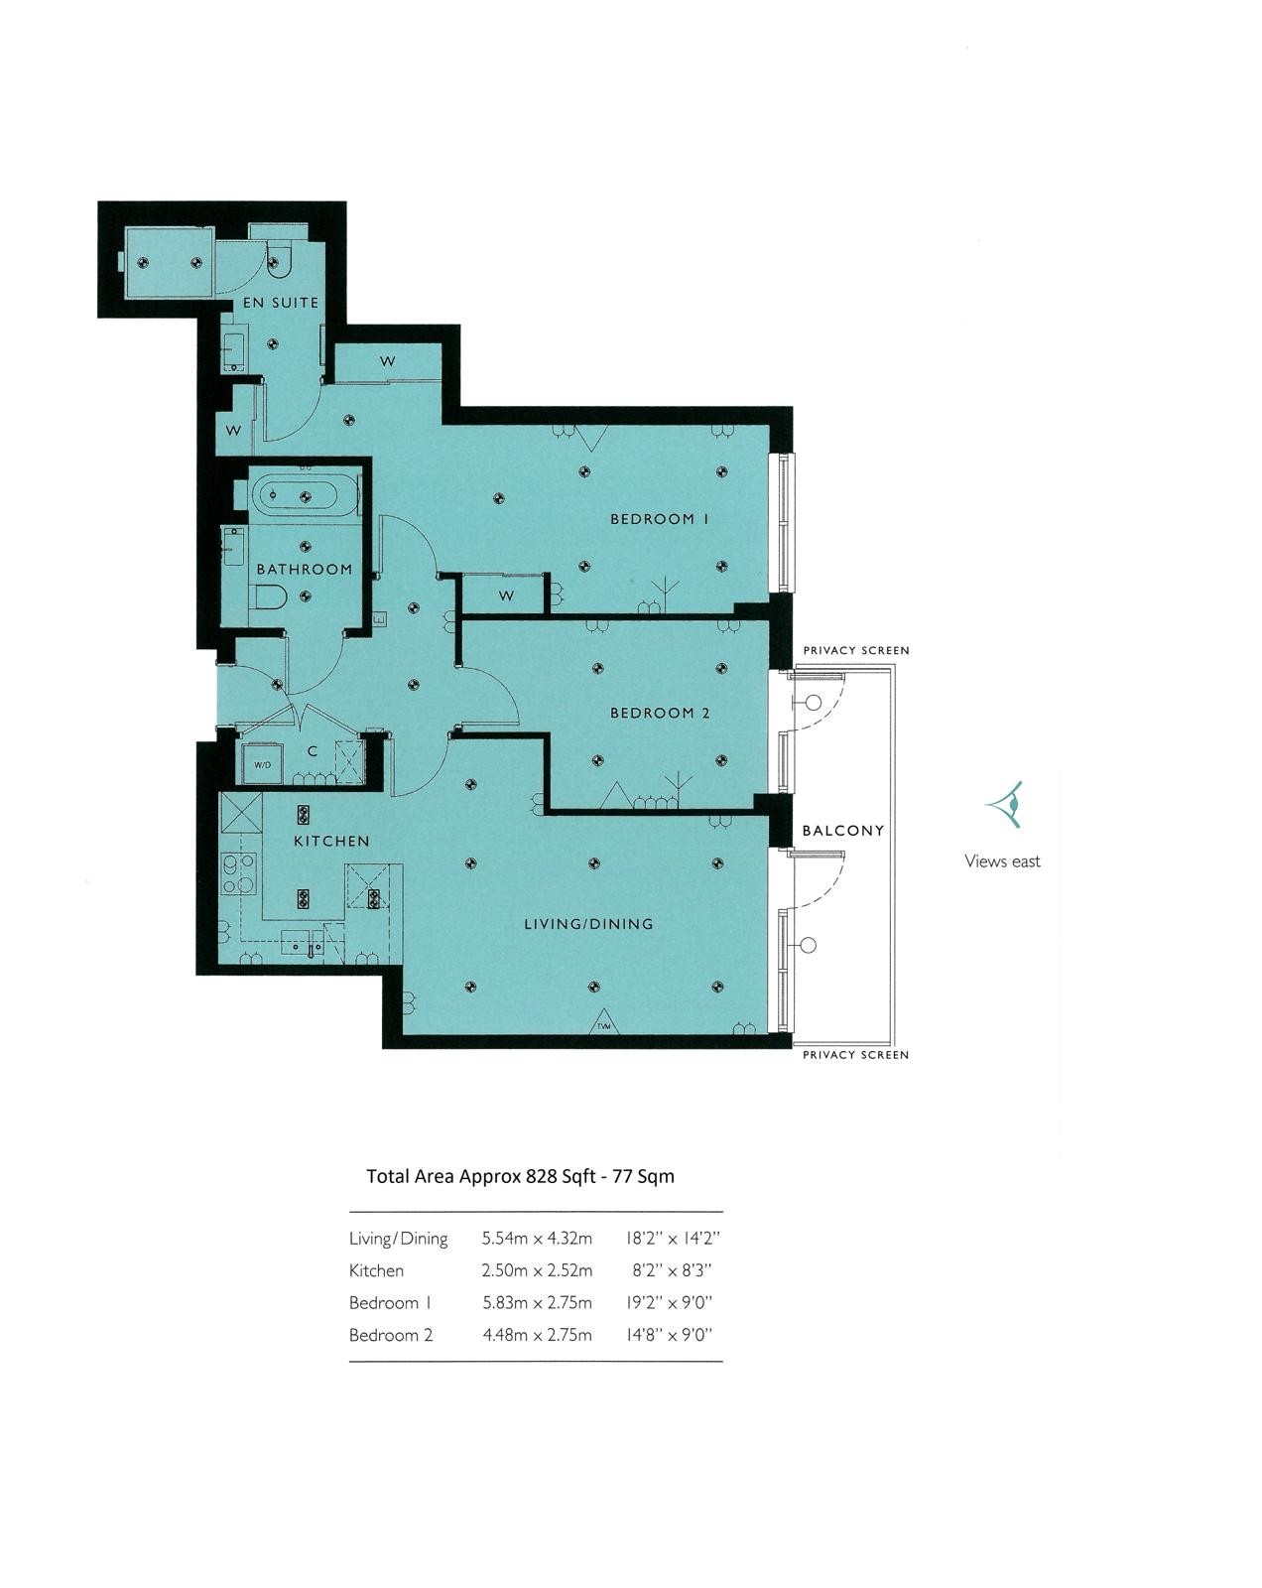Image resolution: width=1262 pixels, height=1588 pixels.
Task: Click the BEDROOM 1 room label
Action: click(660, 519)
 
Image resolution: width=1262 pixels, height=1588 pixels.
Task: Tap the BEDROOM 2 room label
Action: click(660, 713)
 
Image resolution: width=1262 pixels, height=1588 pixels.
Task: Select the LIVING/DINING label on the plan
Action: click(588, 924)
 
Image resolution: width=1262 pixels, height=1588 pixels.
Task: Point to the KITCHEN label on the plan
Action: click(331, 841)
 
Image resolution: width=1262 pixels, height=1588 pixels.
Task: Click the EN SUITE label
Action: click(281, 303)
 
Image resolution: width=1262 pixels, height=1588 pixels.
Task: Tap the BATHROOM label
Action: click(305, 570)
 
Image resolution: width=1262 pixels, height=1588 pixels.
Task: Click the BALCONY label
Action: click(842, 830)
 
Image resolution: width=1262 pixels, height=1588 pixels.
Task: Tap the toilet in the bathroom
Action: click(270, 596)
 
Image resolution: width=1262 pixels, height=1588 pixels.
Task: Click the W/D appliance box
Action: click(262, 765)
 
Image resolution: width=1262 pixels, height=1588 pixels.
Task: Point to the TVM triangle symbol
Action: click(604, 1024)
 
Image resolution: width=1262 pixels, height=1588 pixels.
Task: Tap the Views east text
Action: click(1002, 861)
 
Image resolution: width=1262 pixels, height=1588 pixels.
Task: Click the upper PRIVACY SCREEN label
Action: click(855, 651)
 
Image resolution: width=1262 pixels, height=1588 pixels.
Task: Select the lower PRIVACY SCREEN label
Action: click(855, 1055)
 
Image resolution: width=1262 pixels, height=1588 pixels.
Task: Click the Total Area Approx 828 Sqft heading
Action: click(520, 1176)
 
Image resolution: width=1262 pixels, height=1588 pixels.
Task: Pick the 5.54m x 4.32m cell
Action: click(537, 1239)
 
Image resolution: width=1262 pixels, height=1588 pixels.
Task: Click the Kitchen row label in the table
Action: click(376, 1270)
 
